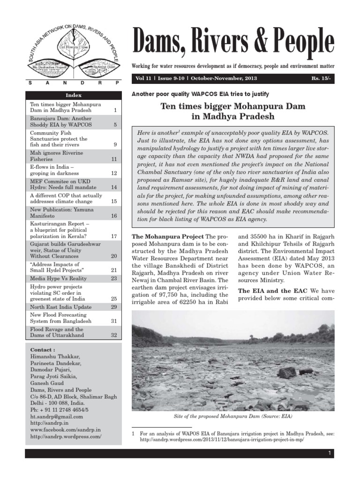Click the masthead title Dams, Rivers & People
[233, 43]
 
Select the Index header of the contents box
[74, 95]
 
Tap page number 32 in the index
[114, 335]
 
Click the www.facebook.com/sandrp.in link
[65, 429]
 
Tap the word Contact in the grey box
[42, 350]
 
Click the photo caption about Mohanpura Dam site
[233, 416]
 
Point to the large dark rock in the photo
[286, 373]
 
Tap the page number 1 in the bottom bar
[330, 453]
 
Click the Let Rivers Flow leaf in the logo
[71, 48]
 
